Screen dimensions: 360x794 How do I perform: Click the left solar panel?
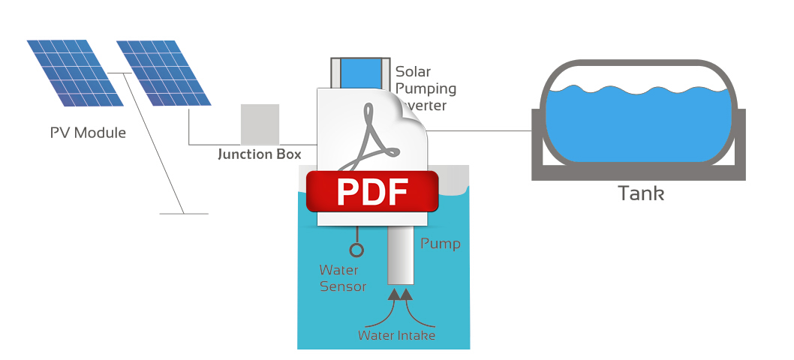tap(75, 73)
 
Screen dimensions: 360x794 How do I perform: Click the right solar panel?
tap(164, 73)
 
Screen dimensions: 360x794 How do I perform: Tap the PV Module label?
tap(88, 133)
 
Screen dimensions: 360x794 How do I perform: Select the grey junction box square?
tap(260, 124)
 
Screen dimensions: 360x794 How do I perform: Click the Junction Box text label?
tap(259, 154)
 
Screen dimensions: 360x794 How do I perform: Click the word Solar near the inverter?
tap(414, 72)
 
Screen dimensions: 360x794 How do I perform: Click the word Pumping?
tap(426, 88)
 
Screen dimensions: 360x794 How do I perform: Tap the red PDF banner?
tap(372, 191)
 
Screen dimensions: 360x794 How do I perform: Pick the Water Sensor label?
tap(343, 278)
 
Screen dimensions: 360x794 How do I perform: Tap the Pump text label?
tap(440, 244)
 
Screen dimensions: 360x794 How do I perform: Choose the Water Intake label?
tap(396, 335)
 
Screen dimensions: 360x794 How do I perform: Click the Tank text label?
tap(641, 193)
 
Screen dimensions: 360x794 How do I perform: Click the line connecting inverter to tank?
tap(480, 130)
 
